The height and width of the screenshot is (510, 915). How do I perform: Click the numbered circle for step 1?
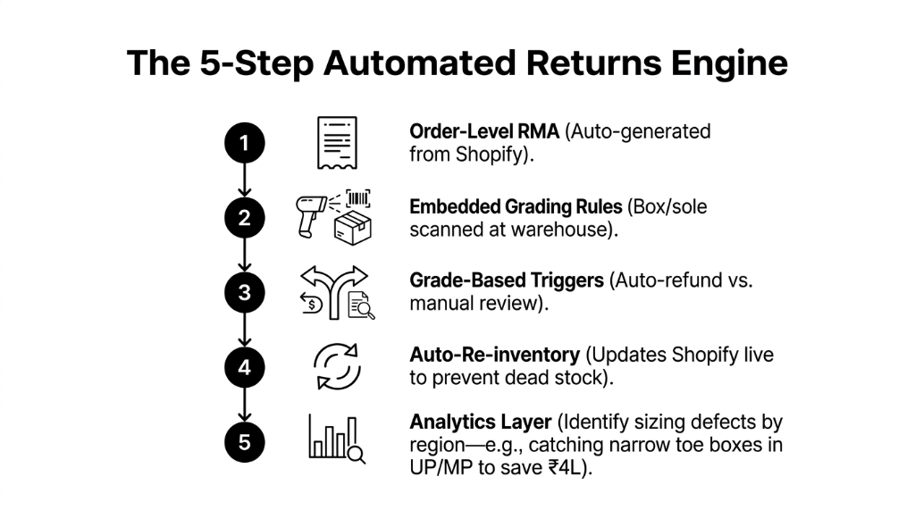[x=245, y=143]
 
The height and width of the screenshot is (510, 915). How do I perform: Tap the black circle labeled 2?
[x=245, y=217]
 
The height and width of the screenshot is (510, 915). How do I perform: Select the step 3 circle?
[x=245, y=291]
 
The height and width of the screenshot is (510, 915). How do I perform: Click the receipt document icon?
[x=336, y=143]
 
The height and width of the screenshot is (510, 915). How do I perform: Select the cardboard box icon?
[x=352, y=228]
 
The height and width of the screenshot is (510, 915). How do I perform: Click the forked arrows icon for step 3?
[x=336, y=284]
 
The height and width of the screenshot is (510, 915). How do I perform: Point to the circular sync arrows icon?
[x=336, y=366]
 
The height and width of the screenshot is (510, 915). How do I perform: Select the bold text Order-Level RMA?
[x=483, y=132]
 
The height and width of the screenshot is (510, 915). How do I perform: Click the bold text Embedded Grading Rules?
[x=516, y=206]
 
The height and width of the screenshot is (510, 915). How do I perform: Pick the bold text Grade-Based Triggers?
[x=507, y=280]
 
